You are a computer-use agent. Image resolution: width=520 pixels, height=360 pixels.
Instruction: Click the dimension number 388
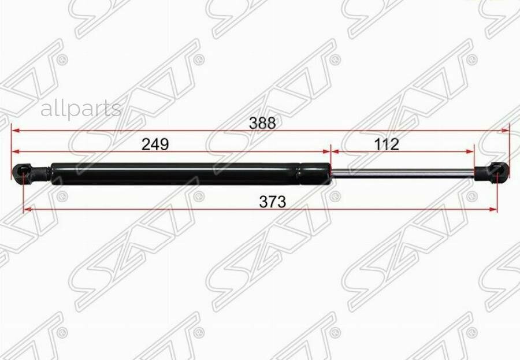pyautogui.click(x=262, y=123)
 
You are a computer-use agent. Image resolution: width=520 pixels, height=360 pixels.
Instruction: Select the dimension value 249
pyautogui.click(x=155, y=144)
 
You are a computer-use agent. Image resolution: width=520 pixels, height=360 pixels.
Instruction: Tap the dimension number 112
pyautogui.click(x=387, y=144)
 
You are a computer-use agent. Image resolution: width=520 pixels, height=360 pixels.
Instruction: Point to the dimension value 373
pyautogui.click(x=272, y=202)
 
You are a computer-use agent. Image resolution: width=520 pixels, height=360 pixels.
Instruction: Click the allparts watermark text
pyautogui.click(x=81, y=109)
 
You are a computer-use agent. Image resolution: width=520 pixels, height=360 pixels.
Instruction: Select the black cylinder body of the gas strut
pyautogui.click(x=191, y=173)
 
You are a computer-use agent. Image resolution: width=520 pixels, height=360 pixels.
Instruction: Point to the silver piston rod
pyautogui.click(x=403, y=173)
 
